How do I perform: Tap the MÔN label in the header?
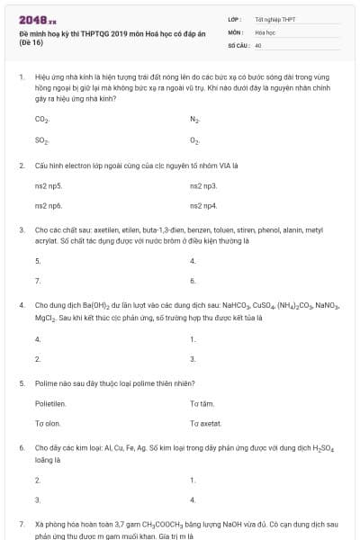point(235,31)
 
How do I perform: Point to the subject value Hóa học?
point(264,31)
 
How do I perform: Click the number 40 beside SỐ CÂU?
point(258,43)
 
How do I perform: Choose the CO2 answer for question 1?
point(41,119)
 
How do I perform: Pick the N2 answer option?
point(194,119)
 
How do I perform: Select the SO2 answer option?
point(41,140)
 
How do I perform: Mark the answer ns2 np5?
point(49,185)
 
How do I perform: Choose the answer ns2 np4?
point(203,206)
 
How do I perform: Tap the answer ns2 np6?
point(49,206)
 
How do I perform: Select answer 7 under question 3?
point(37,281)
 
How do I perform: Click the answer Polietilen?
point(50,404)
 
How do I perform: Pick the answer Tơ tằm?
point(202,404)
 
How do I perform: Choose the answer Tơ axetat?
point(205,423)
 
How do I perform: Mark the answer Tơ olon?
point(47,423)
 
